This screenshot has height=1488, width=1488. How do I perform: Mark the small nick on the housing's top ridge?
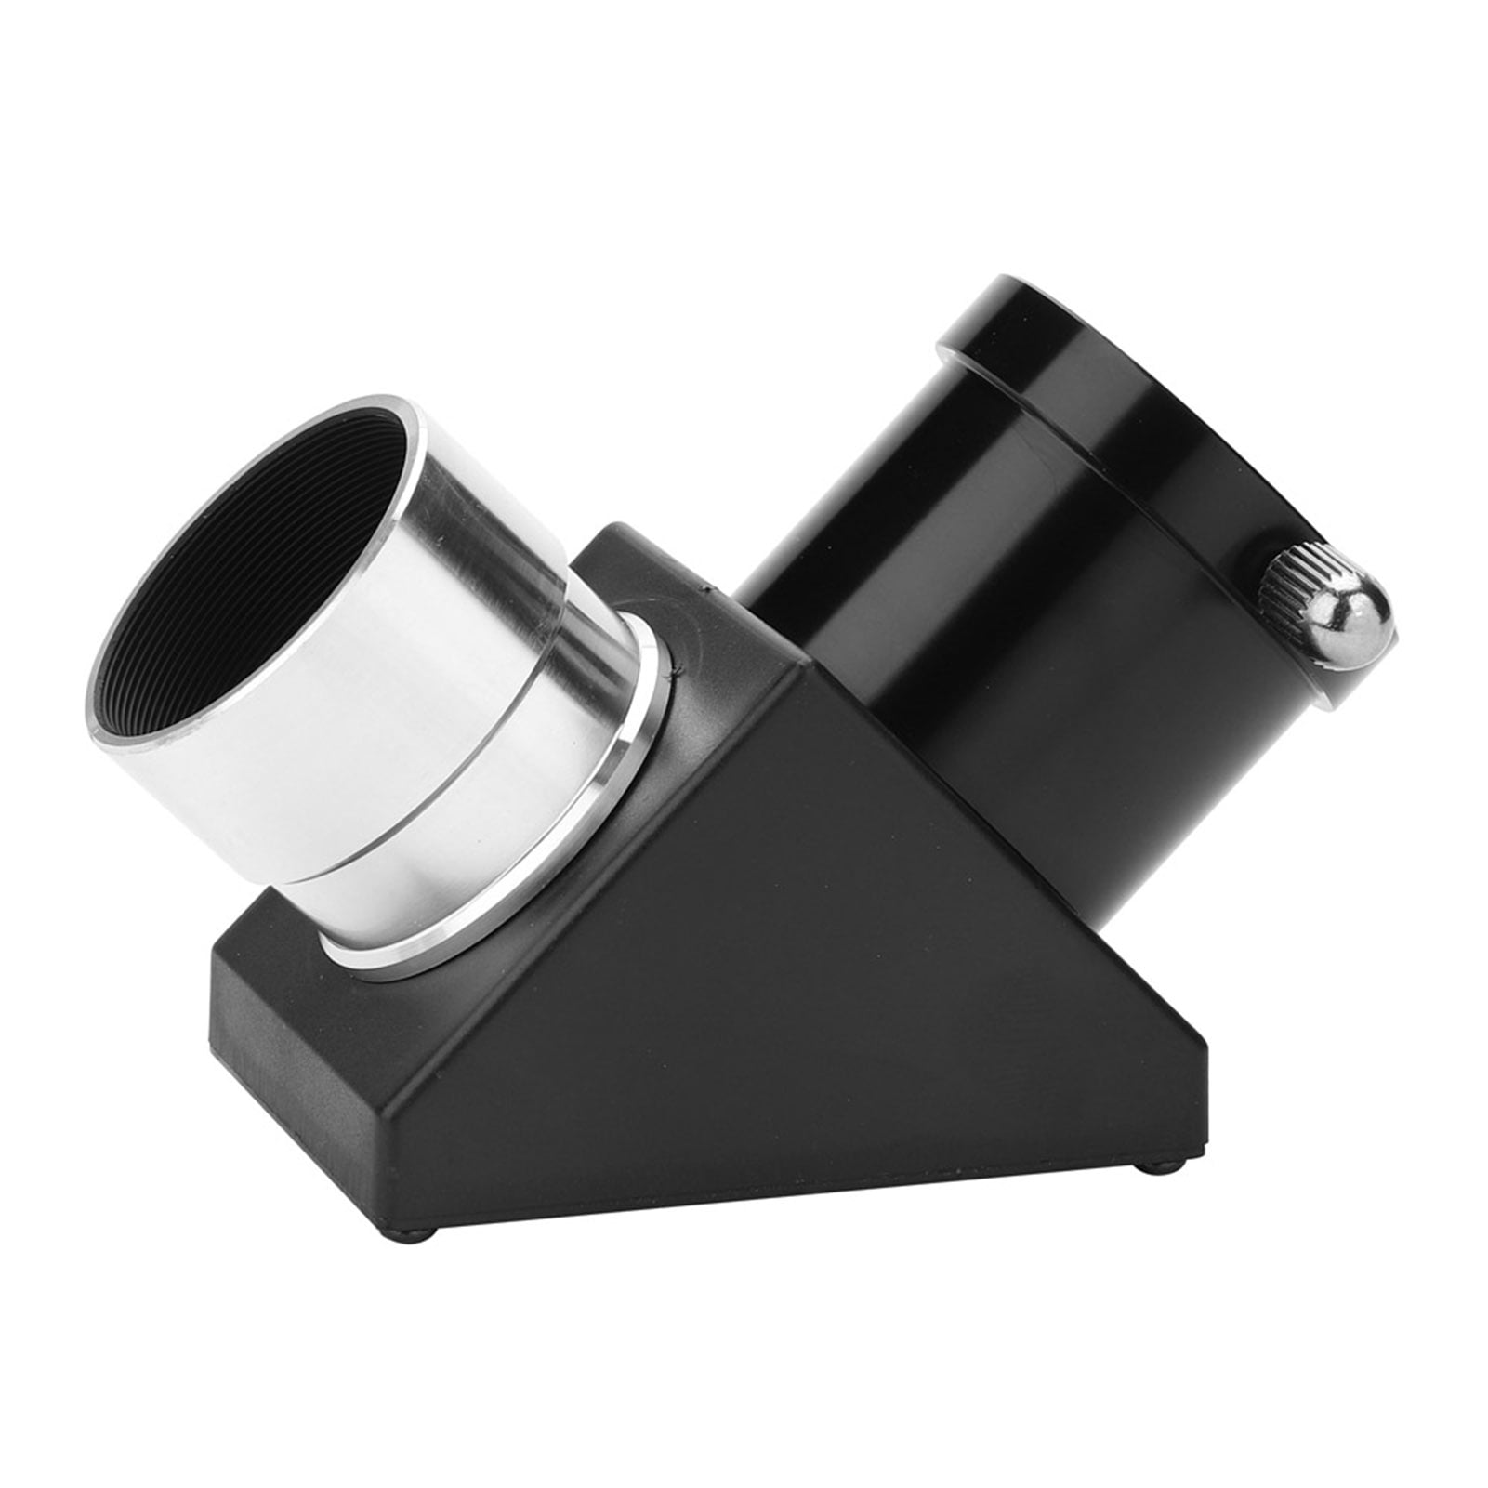pyautogui.click(x=708, y=587)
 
